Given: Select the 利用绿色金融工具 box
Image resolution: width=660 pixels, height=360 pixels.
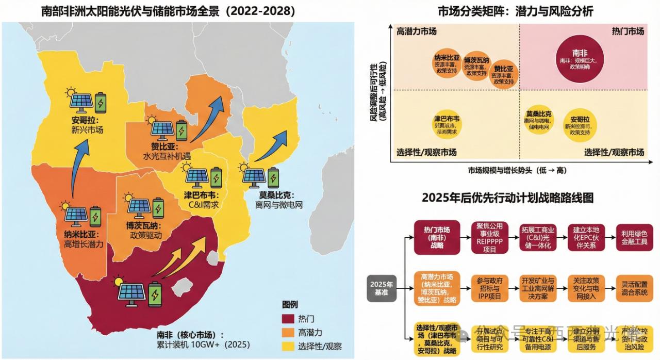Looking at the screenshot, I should pyautogui.click(x=634, y=237).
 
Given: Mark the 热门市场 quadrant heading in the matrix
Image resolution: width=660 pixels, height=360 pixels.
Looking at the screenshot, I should pyautogui.click(x=628, y=31).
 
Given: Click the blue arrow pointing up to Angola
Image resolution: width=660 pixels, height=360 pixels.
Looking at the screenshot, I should pyautogui.click(x=78, y=170).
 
